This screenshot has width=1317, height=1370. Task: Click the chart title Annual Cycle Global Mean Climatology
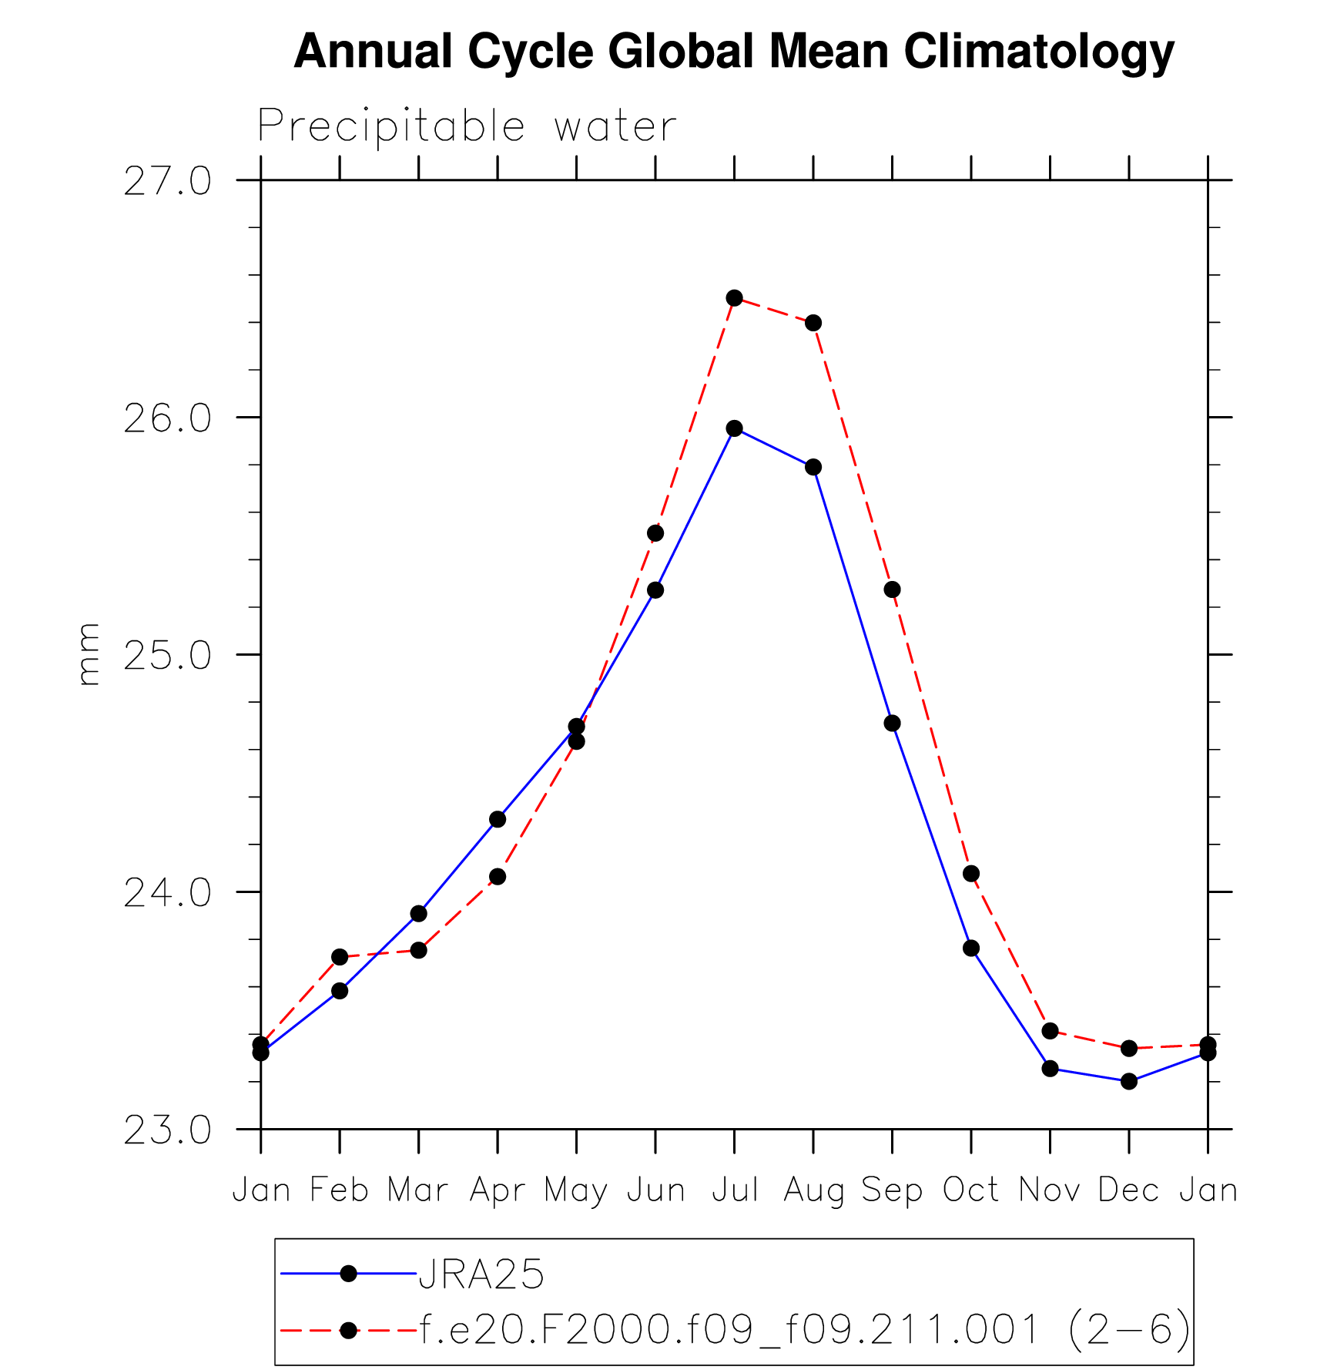pyautogui.click(x=733, y=52)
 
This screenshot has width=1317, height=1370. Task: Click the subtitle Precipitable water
pyautogui.click(x=467, y=126)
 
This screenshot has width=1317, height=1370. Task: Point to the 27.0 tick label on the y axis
pyautogui.click(x=167, y=182)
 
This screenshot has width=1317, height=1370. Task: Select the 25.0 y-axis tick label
pyautogui.click(x=167, y=656)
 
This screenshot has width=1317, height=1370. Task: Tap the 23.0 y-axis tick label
pyautogui.click(x=167, y=1130)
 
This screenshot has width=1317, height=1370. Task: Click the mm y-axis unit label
pyautogui.click(x=89, y=654)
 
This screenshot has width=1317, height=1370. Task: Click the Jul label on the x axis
pyautogui.click(x=735, y=1190)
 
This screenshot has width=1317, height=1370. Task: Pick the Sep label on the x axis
pyautogui.click(x=892, y=1190)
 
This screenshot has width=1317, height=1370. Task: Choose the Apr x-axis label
pyautogui.click(x=498, y=1190)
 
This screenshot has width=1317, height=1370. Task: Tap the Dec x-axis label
pyautogui.click(x=1128, y=1190)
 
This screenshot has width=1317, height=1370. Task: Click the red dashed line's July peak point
pyautogui.click(x=734, y=298)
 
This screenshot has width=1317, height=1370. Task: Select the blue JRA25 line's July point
pyautogui.click(x=734, y=428)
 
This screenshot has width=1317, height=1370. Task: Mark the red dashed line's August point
pyautogui.click(x=813, y=323)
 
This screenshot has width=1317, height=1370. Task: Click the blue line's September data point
pyautogui.click(x=892, y=723)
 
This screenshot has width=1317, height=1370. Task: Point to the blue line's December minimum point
pyautogui.click(x=1129, y=1081)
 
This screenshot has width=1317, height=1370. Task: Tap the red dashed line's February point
pyautogui.click(x=340, y=957)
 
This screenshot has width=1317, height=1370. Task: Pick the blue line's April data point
pyautogui.click(x=498, y=819)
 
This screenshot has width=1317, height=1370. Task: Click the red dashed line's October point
pyautogui.click(x=971, y=873)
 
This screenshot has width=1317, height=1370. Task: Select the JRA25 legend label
pyautogui.click(x=481, y=1274)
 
